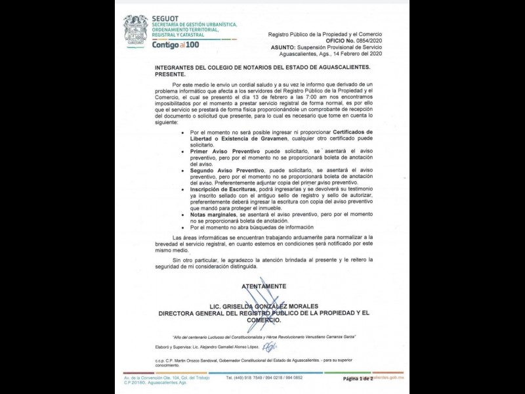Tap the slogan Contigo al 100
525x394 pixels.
[175, 45]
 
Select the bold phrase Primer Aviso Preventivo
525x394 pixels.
[219, 150]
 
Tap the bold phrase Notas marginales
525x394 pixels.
[209, 215]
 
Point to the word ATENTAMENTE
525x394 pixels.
[264, 286]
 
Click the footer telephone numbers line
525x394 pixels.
[264, 378]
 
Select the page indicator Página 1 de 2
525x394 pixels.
[357, 379]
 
